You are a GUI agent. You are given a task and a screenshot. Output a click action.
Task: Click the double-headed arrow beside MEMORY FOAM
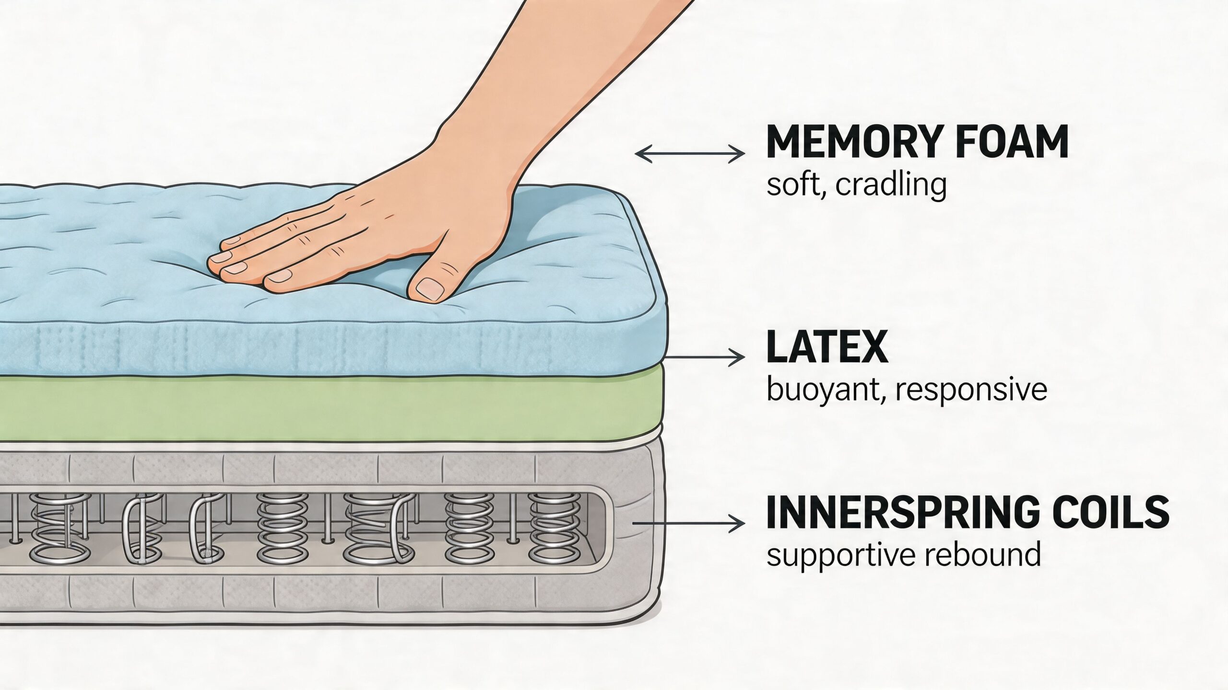coord(690,154)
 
